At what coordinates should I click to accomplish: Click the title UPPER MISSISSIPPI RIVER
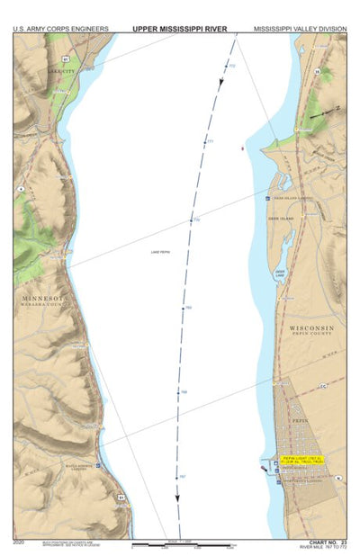tap(179, 28)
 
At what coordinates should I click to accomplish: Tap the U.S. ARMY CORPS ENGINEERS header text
tap(61, 29)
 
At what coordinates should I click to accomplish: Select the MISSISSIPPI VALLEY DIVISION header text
tap(300, 29)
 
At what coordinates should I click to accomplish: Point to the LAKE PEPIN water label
tap(161, 253)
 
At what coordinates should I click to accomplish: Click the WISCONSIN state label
tap(311, 328)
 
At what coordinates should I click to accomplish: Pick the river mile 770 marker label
tap(197, 220)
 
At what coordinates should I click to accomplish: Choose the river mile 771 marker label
tap(210, 142)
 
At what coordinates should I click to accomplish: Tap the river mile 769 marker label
tap(188, 308)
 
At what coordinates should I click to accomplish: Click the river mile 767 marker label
tap(182, 475)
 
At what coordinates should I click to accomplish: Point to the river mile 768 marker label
tap(184, 392)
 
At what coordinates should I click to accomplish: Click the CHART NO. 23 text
tap(327, 543)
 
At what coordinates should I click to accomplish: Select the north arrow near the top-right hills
tap(315, 113)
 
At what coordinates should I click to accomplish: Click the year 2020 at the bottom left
tap(20, 543)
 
